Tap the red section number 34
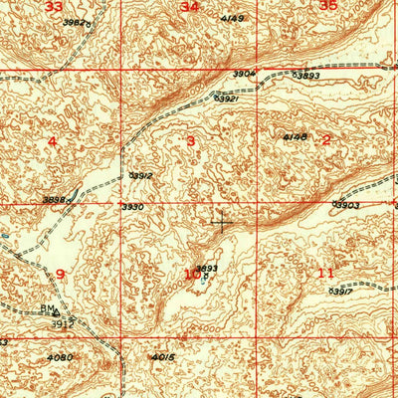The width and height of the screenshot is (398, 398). pos(189,7)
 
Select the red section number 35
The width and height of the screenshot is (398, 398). pos(329,5)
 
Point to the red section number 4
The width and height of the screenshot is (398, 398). pos(53,141)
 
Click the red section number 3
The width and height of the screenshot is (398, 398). pos(190,140)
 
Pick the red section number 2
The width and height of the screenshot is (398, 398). pos(326,139)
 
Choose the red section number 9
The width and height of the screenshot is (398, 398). pos(60,273)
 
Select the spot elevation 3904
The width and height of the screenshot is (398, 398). pos(245,73)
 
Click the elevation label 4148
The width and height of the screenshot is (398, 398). pos(295,136)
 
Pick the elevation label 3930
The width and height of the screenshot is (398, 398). pos(133,207)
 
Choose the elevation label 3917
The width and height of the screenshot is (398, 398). pos(340,291)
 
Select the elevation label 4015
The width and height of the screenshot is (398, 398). pos(164,357)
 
